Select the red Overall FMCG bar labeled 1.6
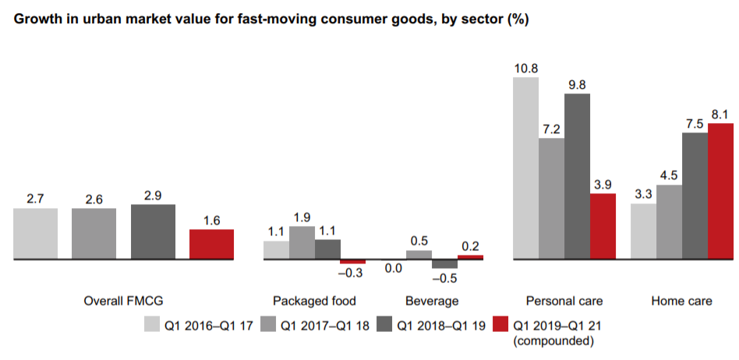tap(211, 244)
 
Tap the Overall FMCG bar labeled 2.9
tap(153, 231)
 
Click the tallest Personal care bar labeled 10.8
tap(525, 168)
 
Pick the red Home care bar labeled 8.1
tap(720, 191)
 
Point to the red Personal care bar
tap(603, 226)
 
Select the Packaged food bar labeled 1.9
tap(302, 242)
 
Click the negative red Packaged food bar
tap(352, 262)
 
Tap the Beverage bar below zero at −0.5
tap(444, 264)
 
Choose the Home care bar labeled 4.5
tap(669, 221)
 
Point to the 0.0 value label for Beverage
tap(394, 269)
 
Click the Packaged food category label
tap(314, 301)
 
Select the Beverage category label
tap(432, 301)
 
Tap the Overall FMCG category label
tap(122, 301)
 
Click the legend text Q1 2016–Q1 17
tap(207, 324)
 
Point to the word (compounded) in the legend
tap(550, 341)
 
